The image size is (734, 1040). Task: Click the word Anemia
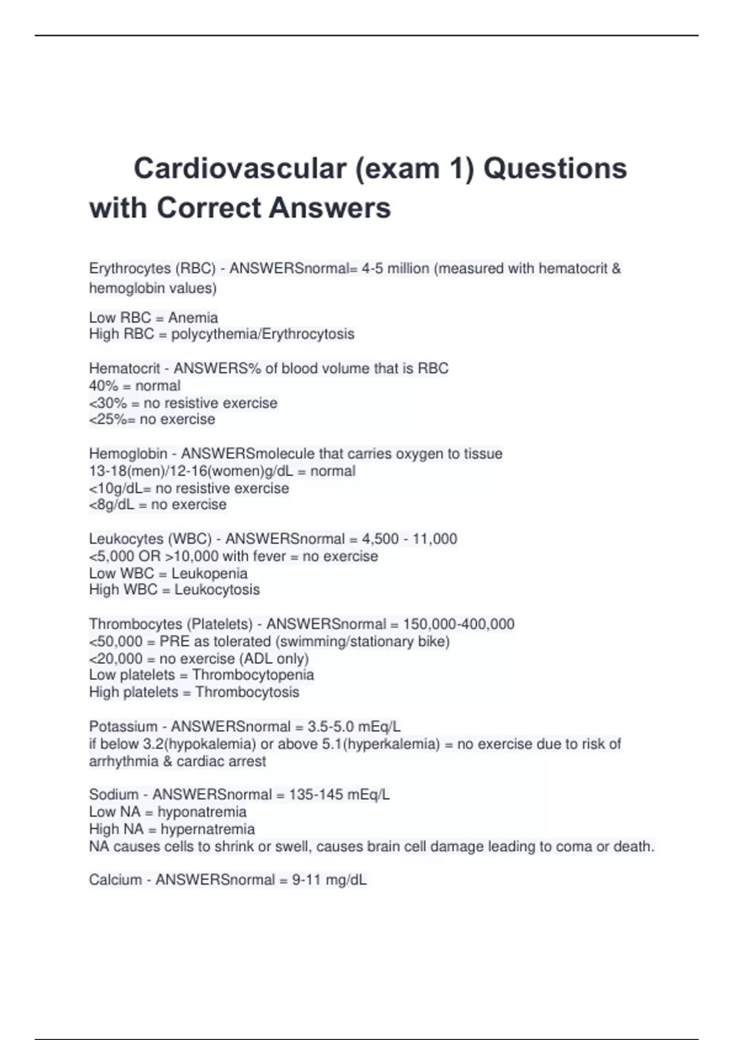[193, 318]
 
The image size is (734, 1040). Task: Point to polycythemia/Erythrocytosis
[262, 334]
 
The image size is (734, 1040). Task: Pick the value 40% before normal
[103, 386]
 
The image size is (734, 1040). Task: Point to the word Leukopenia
[209, 573]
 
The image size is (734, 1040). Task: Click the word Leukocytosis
[217, 590]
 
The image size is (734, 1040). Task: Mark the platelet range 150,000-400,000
[458, 624]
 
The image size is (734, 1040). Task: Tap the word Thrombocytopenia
[253, 675]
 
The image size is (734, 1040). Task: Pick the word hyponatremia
[202, 812]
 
